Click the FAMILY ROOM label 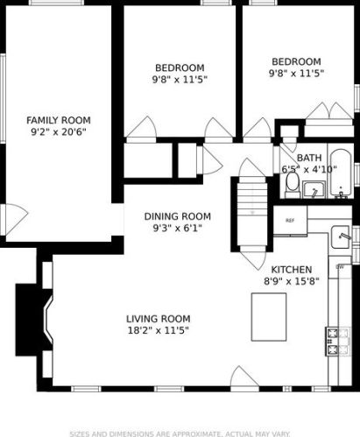tap(59, 120)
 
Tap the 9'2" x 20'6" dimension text tap(59, 132)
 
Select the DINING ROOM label tap(178, 216)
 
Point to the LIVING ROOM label tap(159, 319)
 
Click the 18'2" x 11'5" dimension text tap(159, 330)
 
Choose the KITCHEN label tap(292, 270)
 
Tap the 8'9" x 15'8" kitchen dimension tap(292, 281)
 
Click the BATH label tap(309, 158)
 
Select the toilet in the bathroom tap(293, 185)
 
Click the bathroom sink tap(314, 189)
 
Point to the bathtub tap(341, 173)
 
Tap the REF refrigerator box tap(290, 221)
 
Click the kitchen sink tap(341, 237)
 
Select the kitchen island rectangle tap(269, 317)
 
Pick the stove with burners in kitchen tap(338, 342)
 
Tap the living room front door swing tap(244, 377)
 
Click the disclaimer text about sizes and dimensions tap(180, 433)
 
